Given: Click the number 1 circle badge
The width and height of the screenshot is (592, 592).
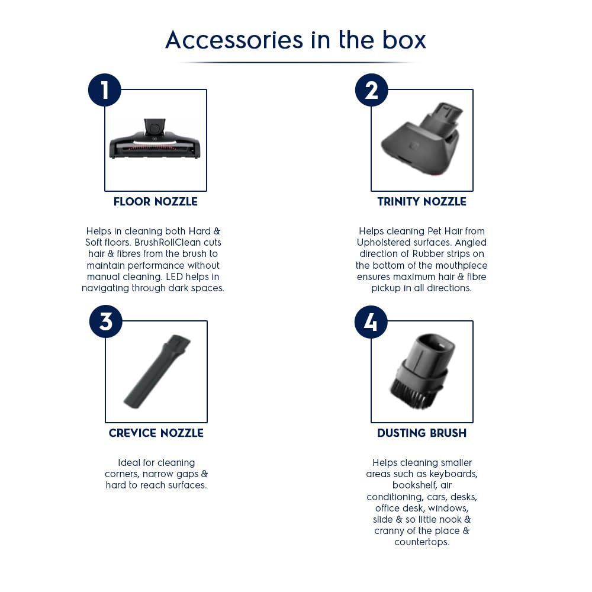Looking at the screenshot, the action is (105, 90).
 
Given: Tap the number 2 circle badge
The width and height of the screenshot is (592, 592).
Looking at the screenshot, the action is (372, 90).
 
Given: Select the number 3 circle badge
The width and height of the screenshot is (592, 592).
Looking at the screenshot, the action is (106, 321).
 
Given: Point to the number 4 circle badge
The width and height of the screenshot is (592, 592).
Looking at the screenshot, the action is (371, 321).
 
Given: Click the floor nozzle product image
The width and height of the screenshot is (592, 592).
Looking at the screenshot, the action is (155, 140).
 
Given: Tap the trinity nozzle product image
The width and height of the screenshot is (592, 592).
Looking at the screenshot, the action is (422, 138).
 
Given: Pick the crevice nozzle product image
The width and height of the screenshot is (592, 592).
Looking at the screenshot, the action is (157, 372).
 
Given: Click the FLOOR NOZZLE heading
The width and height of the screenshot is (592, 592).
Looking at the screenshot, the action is (156, 202).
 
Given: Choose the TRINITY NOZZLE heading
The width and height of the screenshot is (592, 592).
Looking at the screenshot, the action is (422, 202).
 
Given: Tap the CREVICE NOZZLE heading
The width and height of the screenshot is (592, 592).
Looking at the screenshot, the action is (156, 433).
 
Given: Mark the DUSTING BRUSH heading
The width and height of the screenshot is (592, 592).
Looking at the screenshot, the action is (422, 433).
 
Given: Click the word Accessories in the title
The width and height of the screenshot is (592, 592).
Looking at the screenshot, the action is (234, 40).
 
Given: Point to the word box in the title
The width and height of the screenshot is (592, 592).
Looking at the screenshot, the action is (404, 40).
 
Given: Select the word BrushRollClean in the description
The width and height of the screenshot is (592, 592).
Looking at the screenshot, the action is (168, 242).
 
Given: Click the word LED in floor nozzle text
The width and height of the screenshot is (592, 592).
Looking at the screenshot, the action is (175, 276).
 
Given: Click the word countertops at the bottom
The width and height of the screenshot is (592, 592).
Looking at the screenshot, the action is (422, 542).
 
